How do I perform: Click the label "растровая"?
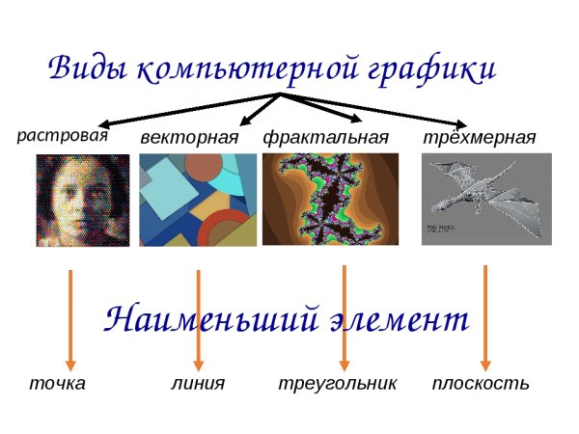[x=62, y=135]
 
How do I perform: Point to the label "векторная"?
[x=189, y=137]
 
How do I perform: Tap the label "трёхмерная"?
[x=480, y=137]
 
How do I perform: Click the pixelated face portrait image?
[x=83, y=201]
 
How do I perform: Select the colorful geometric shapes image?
[x=198, y=201]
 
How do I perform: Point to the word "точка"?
[x=57, y=384]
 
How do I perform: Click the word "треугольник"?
[x=337, y=384]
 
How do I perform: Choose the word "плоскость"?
[x=481, y=384]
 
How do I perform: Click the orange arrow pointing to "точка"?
[x=69, y=318]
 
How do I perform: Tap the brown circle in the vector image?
[x=203, y=168]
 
